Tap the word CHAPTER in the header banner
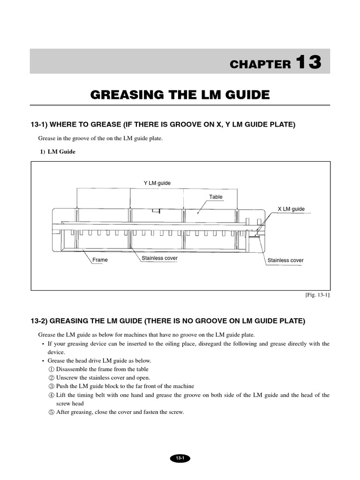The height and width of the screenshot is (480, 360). [x=260, y=65]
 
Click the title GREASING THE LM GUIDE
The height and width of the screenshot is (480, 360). [x=180, y=95]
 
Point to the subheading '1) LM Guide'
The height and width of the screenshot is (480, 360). [x=57, y=152]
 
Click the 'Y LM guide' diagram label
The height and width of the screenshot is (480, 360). [x=157, y=183]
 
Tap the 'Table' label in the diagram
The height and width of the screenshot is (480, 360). [x=216, y=197]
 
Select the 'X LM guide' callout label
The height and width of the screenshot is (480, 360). [x=291, y=209]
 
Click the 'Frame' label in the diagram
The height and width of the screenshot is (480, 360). [x=100, y=260]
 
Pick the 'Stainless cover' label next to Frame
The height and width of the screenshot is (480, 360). [x=159, y=258]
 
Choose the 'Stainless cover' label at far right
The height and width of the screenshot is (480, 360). [x=285, y=260]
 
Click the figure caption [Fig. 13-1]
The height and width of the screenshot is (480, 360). [x=317, y=295]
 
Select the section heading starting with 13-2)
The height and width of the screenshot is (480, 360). [x=167, y=321]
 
